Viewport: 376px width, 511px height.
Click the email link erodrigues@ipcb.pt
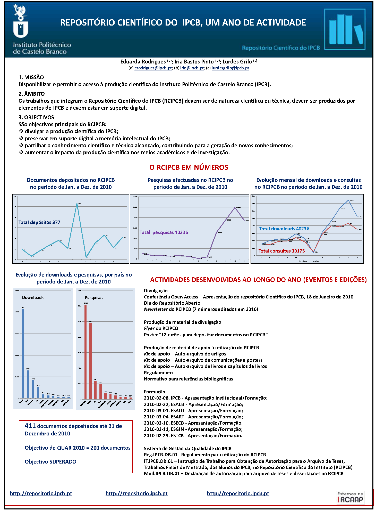[153, 68]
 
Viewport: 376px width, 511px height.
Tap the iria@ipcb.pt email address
[192, 68]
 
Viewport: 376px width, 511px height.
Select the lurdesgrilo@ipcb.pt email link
[230, 68]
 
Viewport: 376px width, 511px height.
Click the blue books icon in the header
[345, 29]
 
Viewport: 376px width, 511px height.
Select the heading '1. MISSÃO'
[31, 77]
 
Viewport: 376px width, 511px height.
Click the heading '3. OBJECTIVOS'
[36, 117]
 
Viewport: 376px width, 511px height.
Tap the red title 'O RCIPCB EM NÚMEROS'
[189, 167]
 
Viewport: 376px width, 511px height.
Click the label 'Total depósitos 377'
[39, 222]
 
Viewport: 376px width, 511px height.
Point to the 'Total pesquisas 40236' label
[164, 232]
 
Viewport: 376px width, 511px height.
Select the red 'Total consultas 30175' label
[281, 251]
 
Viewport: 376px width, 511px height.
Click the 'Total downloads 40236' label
[284, 229]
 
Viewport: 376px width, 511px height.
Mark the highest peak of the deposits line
[77, 204]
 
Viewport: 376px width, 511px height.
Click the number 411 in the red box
[30, 426]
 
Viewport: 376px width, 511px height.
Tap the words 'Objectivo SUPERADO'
[50, 462]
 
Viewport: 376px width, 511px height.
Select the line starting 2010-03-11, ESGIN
[193, 429]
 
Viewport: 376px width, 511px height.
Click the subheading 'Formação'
[155, 392]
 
